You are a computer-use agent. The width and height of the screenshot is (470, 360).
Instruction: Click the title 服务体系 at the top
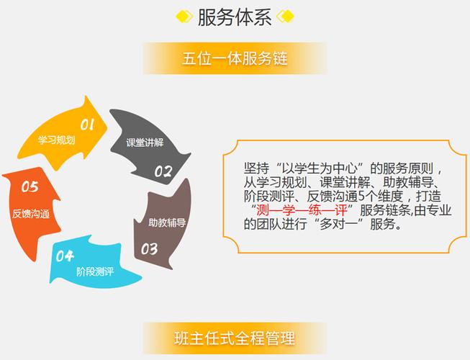pyautogui.click(x=235, y=17)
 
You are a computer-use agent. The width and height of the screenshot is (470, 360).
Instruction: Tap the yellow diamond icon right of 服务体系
pyautogui.click(x=285, y=17)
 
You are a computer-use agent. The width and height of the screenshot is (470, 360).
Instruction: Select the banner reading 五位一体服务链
pyautogui.click(x=235, y=58)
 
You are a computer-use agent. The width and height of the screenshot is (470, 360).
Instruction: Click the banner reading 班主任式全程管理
pyautogui.click(x=235, y=336)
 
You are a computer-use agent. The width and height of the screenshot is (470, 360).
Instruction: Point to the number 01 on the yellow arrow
pyautogui.click(x=88, y=125)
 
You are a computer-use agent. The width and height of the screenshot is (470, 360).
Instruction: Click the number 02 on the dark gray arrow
pyautogui.click(x=163, y=172)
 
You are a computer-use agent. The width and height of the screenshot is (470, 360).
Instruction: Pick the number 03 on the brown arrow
pyautogui.click(x=149, y=250)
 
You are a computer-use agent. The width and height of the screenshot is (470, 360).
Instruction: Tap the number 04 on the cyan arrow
pyautogui.click(x=65, y=255)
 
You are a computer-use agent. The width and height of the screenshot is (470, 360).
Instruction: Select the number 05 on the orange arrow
pyautogui.click(x=30, y=187)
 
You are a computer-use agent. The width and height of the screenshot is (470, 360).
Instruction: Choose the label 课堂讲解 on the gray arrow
pyautogui.click(x=145, y=142)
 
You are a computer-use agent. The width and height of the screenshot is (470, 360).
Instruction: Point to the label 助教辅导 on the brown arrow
pyautogui.click(x=167, y=222)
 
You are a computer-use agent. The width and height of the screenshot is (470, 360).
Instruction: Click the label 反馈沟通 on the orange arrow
pyautogui.click(x=31, y=214)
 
